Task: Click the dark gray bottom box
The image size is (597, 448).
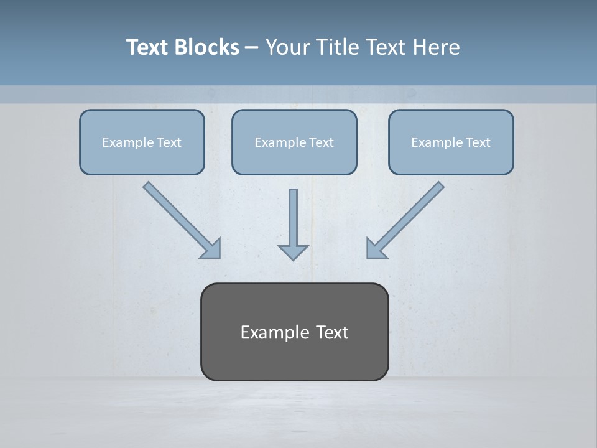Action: click(294, 361)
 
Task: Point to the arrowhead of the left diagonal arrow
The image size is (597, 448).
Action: click(212, 250)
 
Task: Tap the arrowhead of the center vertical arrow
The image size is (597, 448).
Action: click(293, 251)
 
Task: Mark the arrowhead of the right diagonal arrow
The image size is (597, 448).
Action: click(375, 250)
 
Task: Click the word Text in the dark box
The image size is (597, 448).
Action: click(332, 332)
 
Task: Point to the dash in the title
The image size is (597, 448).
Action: click(252, 47)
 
